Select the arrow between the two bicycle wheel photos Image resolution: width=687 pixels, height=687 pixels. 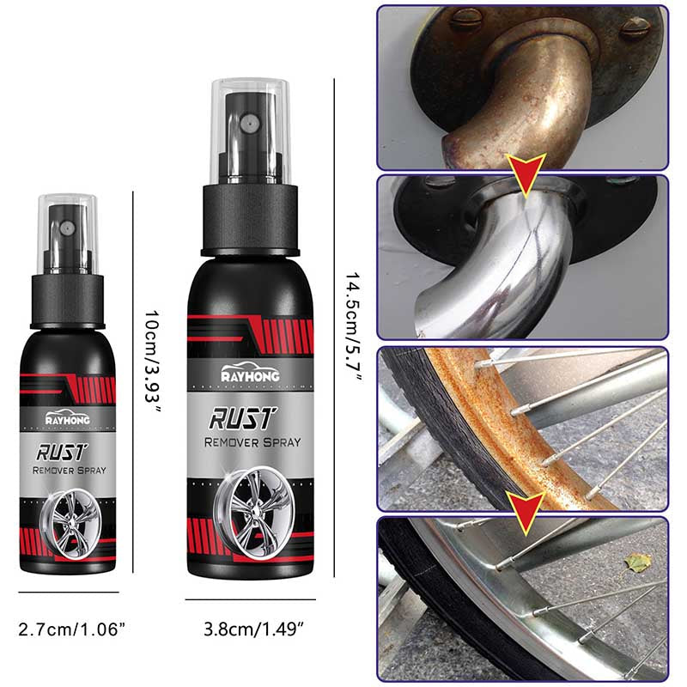coord(521,508)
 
